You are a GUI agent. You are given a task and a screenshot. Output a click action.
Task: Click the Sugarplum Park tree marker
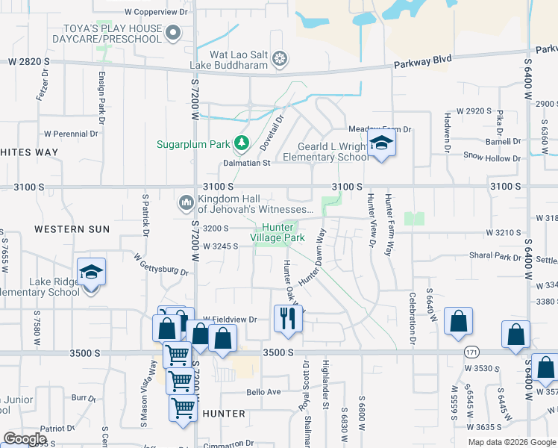241,143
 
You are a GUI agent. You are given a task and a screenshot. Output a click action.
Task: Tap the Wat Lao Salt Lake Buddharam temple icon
280,57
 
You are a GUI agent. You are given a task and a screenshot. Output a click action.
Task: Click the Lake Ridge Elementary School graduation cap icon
91,273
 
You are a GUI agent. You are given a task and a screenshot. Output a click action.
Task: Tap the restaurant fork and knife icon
287,318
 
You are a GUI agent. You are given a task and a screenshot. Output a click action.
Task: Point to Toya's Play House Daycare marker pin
174,32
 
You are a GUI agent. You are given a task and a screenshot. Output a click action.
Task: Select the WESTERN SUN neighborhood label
72,228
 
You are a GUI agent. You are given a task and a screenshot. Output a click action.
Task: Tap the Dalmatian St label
246,162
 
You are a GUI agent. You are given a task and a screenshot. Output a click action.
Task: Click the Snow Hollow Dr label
492,158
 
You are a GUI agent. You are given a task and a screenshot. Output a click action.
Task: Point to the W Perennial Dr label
71,134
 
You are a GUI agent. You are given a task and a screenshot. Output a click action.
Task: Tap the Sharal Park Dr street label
495,255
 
